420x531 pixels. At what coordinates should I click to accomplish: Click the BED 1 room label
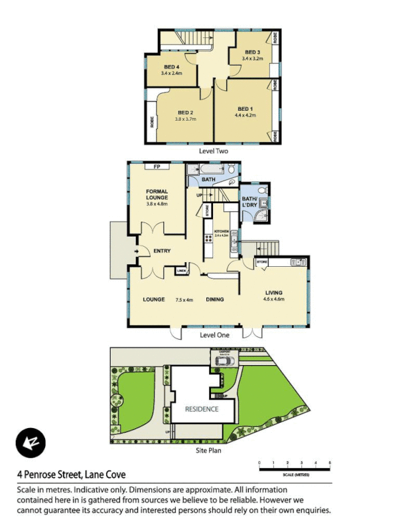tap(245, 109)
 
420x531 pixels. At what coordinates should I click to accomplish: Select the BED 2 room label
tap(185, 112)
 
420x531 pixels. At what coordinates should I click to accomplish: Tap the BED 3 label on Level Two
tap(252, 52)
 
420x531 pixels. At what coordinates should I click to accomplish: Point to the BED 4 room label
tap(171, 66)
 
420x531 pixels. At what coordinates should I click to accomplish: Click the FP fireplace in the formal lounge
tap(157, 167)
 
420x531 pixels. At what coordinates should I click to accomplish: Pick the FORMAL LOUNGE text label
tap(157, 194)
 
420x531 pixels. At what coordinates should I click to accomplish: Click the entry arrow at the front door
tap(136, 252)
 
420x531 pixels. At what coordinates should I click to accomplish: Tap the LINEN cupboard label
tap(180, 271)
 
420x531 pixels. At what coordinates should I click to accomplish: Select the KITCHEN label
tap(221, 232)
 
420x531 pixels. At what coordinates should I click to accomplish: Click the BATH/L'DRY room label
tap(249, 202)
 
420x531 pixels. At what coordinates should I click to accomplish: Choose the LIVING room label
tap(274, 292)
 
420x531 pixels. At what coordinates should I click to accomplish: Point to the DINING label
tap(214, 299)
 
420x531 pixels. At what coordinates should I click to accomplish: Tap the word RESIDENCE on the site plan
tap(202, 409)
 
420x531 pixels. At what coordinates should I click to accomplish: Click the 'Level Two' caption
tap(214, 151)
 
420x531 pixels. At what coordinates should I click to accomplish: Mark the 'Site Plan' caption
tap(208, 450)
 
